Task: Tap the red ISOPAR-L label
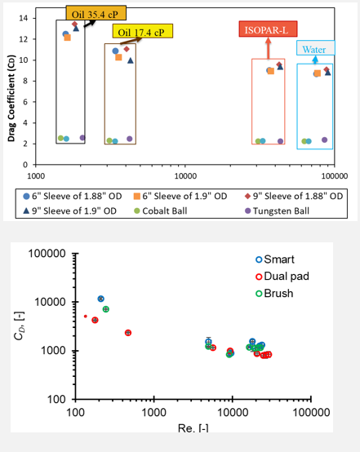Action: click(263, 30)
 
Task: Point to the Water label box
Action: click(313, 49)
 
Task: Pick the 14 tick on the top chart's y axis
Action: click(24, 18)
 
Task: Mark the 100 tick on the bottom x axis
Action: click(74, 413)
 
